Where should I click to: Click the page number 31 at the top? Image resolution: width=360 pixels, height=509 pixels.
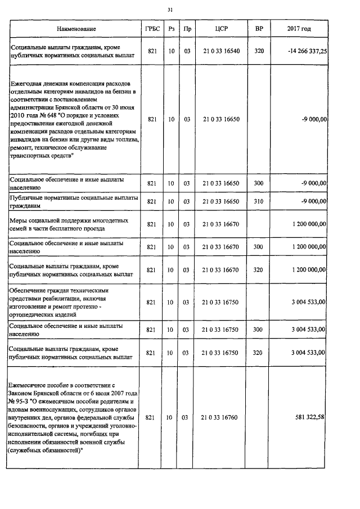click(170, 10)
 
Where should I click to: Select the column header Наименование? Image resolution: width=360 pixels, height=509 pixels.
click(76, 29)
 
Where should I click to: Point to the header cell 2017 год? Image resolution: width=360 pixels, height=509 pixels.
click(299, 29)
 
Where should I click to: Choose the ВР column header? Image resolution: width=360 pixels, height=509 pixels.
click(259, 29)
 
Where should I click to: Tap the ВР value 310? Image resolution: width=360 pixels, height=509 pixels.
click(259, 201)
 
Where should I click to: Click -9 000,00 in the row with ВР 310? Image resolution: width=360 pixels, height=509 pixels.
click(314, 201)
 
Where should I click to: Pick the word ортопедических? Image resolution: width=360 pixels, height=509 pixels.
click(31, 315)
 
